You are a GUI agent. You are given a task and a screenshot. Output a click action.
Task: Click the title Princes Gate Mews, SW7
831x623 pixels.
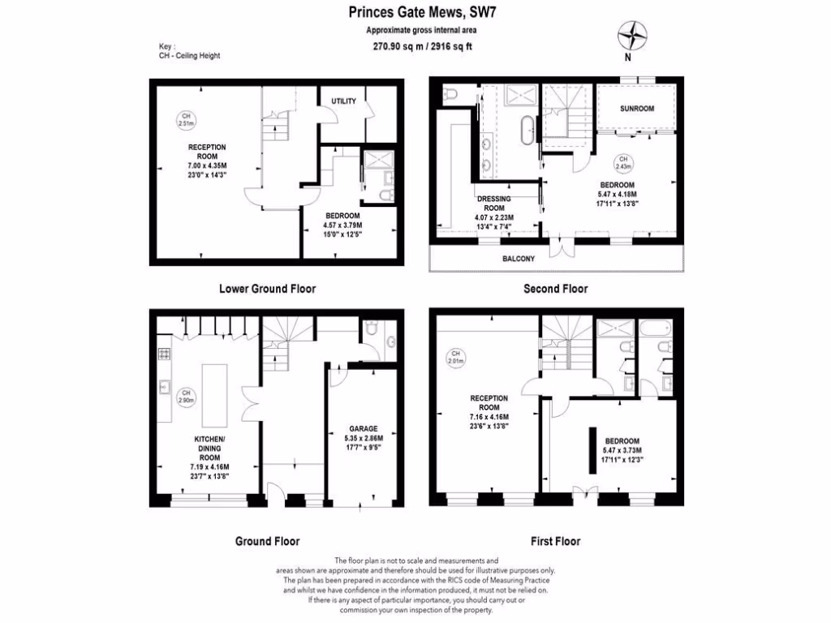tap(417, 12)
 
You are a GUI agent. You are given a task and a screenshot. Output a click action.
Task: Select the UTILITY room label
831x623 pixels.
tap(344, 101)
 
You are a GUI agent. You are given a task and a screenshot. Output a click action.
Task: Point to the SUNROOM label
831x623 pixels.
tap(637, 108)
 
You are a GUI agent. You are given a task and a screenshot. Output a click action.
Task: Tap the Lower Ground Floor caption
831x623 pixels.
tap(267, 289)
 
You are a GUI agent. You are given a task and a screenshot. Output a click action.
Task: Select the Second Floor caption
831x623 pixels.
tap(555, 289)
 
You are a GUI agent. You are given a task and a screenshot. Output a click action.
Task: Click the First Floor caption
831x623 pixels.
tap(555, 541)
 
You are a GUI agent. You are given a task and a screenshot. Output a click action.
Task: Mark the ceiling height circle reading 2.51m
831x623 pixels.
tap(187, 120)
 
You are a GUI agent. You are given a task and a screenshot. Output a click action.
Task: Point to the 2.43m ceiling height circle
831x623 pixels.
tap(623, 163)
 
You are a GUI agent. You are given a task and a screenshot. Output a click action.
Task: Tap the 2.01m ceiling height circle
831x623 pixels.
tap(456, 358)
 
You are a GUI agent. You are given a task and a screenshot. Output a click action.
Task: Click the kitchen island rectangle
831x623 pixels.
tap(215, 395)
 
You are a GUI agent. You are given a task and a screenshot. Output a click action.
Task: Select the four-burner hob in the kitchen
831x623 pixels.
tap(163, 354)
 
